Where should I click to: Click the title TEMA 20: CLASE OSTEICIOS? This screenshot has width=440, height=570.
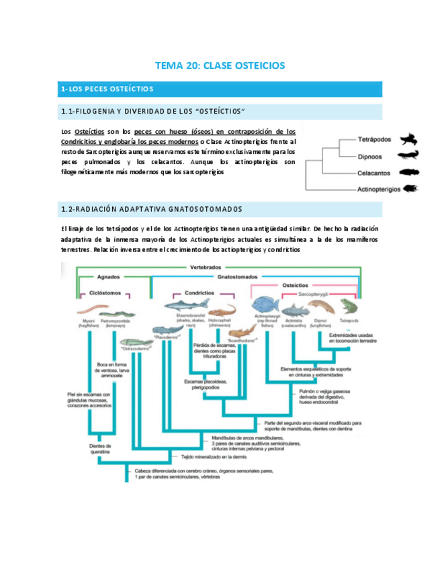[x=220, y=66]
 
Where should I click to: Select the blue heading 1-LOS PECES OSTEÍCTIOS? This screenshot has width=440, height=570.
[x=107, y=89]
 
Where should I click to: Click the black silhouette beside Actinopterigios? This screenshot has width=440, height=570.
[x=409, y=189]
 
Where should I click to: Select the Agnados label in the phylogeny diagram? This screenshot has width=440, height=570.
[x=108, y=276]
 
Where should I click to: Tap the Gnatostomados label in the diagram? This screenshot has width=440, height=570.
[x=239, y=276]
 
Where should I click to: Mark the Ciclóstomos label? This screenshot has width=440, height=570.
[x=107, y=293]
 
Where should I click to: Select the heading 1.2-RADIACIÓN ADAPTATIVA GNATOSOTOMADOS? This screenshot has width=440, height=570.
[x=152, y=209]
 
